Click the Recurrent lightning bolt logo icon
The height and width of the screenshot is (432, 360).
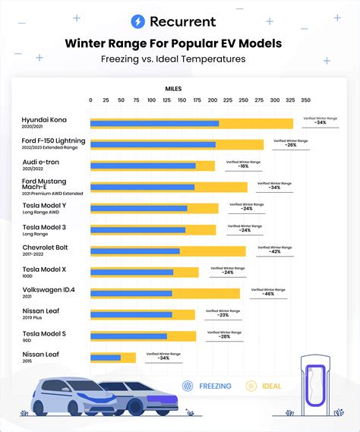pyautogui.click(x=138, y=22)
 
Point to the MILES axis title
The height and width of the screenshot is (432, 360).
pyautogui.click(x=173, y=88)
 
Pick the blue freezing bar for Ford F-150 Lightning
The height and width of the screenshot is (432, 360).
pyautogui.click(x=153, y=144)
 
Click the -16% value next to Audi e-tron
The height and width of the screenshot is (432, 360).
pyautogui.click(x=243, y=166)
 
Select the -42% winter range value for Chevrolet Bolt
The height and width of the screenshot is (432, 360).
pyautogui.click(x=274, y=251)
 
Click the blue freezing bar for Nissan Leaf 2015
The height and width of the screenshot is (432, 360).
pyautogui.click(x=105, y=358)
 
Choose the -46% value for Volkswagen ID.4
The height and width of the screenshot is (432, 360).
pyautogui.click(x=268, y=293)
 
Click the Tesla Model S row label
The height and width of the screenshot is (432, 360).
pyautogui.click(x=45, y=334)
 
